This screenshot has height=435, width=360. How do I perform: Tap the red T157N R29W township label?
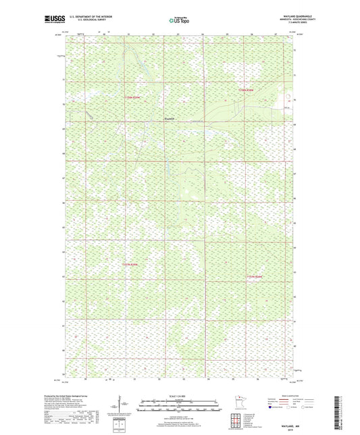tap(135, 99)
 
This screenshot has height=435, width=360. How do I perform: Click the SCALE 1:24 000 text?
tap(179, 395)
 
